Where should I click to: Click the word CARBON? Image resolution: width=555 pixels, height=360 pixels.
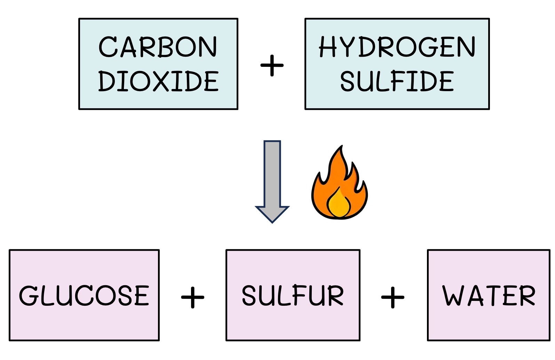click(158, 47)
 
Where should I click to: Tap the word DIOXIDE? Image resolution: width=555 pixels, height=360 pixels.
click(158, 81)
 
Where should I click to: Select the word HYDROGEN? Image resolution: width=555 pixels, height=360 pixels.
click(397, 47)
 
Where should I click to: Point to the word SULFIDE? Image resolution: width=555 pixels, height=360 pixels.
click(397, 81)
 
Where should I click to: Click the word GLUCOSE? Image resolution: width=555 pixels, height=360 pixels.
click(84, 296)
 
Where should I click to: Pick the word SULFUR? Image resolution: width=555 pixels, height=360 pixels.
click(293, 296)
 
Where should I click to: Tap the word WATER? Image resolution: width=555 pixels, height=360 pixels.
click(489, 296)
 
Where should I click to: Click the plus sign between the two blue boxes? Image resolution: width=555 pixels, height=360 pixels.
click(272, 65)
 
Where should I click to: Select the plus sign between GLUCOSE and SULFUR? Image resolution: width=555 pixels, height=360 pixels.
click(192, 298)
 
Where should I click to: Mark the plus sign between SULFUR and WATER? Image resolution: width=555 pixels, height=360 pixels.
click(393, 298)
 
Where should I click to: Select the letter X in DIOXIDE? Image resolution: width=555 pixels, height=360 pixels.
click(159, 81)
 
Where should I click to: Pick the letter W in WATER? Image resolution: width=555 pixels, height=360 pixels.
click(453, 296)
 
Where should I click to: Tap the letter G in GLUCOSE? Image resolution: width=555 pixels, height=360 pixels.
click(29, 296)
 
